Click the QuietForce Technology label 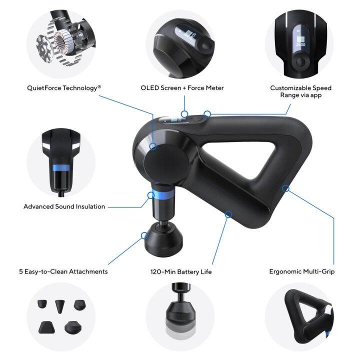(64, 87)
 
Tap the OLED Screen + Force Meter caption (182, 87)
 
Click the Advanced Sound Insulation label (64, 206)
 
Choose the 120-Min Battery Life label (182, 271)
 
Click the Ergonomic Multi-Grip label (301, 271)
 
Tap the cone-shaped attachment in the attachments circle (60, 305)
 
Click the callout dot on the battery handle (228, 214)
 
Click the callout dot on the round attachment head (144, 234)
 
